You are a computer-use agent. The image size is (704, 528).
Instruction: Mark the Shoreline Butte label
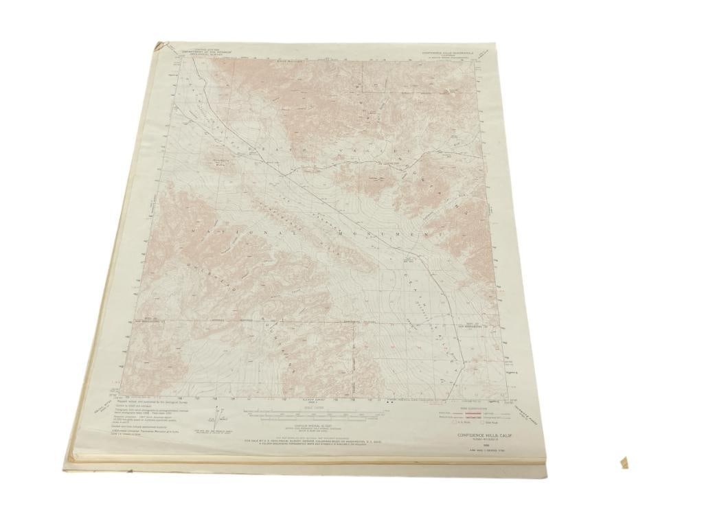pos(222,163)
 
